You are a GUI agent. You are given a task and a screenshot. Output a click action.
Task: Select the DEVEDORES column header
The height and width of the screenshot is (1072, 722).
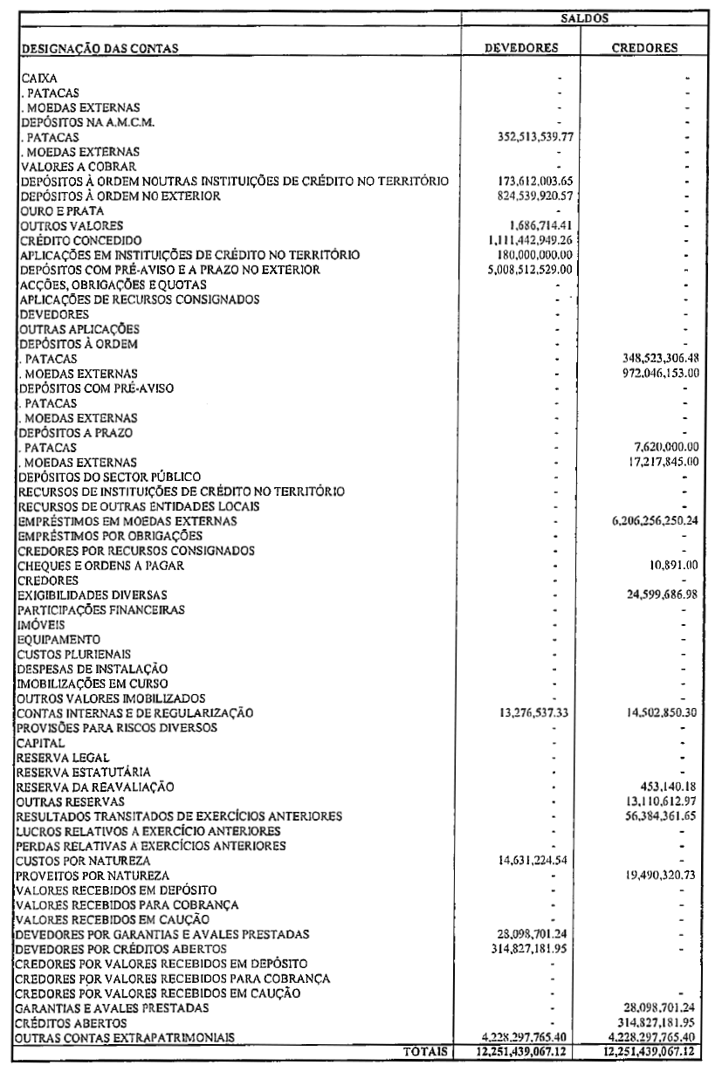pyautogui.click(x=522, y=49)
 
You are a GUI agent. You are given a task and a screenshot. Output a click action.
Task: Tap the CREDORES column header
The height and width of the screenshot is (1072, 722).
pyautogui.click(x=649, y=49)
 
